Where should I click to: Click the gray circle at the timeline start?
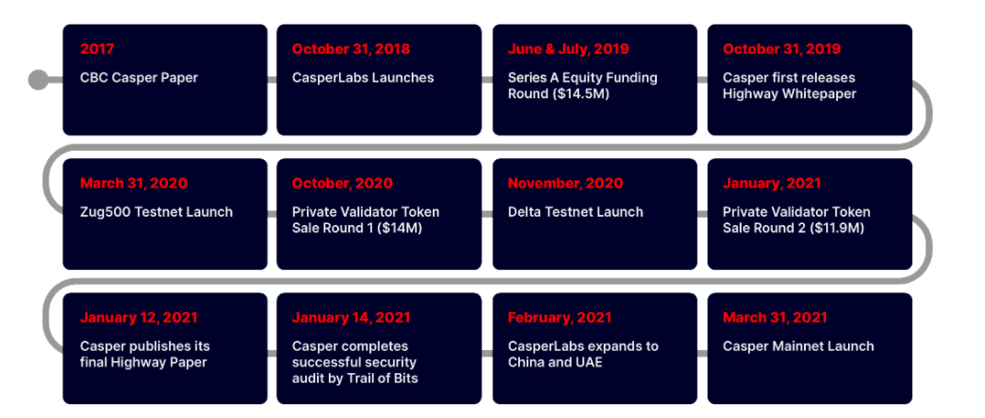[39, 80]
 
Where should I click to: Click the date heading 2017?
[97, 49]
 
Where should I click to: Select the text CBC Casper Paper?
[139, 78]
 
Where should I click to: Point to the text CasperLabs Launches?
[363, 78]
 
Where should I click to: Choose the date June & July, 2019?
[569, 49]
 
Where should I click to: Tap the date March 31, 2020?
[134, 183]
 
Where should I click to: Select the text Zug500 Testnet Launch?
[156, 212]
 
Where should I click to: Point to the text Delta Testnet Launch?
[575, 212]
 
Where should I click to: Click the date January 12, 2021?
[139, 318]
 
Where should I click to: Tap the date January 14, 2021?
[351, 318]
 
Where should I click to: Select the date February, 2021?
[560, 318]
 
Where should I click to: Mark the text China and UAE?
[555, 362]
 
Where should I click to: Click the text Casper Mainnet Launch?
[798, 346]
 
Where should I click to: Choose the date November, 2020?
[565, 183]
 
